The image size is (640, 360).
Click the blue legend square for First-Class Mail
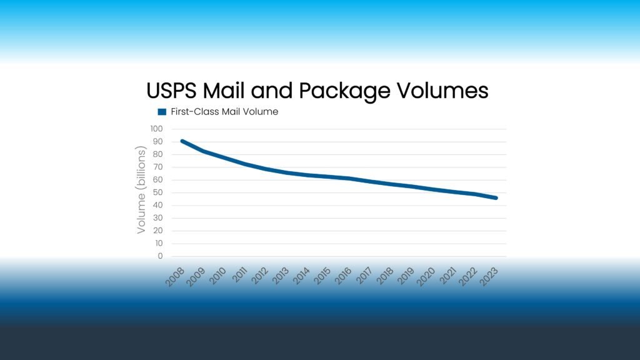pos(162,112)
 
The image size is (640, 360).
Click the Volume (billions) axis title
pos(141,191)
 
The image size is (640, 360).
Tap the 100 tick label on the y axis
pos(156,129)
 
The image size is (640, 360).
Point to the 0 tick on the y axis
pos(160,256)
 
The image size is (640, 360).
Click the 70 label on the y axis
pos(157,167)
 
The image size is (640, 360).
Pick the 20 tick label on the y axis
pos(157,231)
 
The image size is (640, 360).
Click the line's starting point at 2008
pos(182,141)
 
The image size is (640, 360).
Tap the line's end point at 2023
pos(496,198)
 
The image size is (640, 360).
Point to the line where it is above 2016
pos(349,179)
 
